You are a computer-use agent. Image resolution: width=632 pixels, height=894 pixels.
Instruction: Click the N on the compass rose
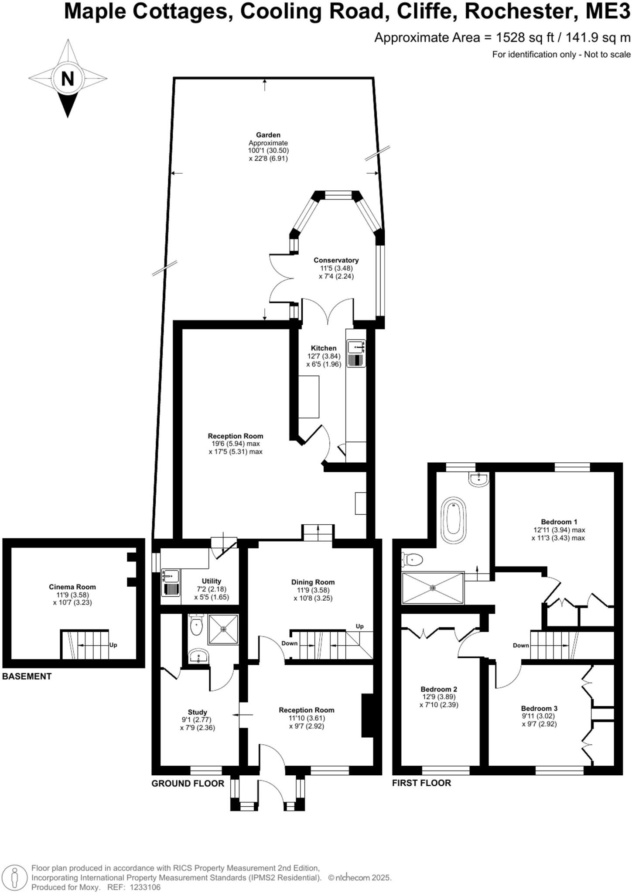click(x=68, y=79)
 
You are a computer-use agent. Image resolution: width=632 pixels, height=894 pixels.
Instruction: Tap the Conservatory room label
click(x=336, y=260)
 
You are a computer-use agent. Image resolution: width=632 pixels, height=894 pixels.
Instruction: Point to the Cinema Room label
click(x=72, y=587)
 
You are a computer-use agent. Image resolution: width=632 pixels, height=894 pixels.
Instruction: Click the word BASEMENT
click(x=27, y=677)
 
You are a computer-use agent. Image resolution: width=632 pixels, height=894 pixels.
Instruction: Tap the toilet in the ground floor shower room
click(x=197, y=626)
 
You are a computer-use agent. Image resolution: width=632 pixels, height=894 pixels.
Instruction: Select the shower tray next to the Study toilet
click(x=223, y=629)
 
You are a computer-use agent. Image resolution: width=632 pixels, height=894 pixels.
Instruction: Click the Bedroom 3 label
click(x=539, y=708)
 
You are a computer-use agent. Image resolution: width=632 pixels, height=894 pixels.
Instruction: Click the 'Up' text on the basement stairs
click(x=113, y=645)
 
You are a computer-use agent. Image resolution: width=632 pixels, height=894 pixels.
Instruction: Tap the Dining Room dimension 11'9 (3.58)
click(x=313, y=590)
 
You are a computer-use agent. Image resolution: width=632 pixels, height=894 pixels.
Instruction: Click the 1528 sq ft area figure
click(x=528, y=38)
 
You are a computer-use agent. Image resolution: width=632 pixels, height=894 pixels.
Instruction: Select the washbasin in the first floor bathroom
click(x=478, y=479)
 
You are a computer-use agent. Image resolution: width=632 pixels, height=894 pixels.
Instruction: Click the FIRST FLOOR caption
click(x=421, y=783)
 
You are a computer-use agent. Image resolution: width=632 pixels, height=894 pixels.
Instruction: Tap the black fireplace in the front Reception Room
click(x=367, y=715)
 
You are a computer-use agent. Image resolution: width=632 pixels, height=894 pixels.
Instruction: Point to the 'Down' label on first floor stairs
click(x=521, y=645)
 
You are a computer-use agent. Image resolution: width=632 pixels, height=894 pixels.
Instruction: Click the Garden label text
click(x=268, y=135)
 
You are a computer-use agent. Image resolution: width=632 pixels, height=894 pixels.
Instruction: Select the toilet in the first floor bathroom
click(x=412, y=559)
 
